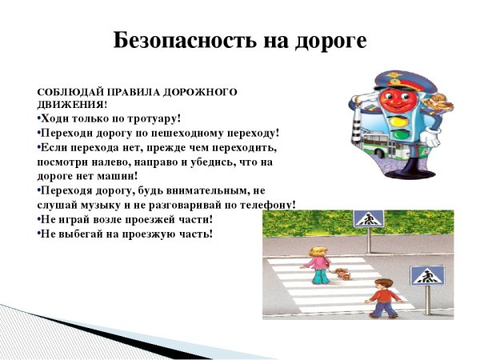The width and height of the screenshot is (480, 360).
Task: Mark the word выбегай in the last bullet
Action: pyautogui.click(x=80, y=234)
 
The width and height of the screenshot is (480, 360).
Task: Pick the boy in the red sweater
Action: pyautogui.click(x=383, y=298)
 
